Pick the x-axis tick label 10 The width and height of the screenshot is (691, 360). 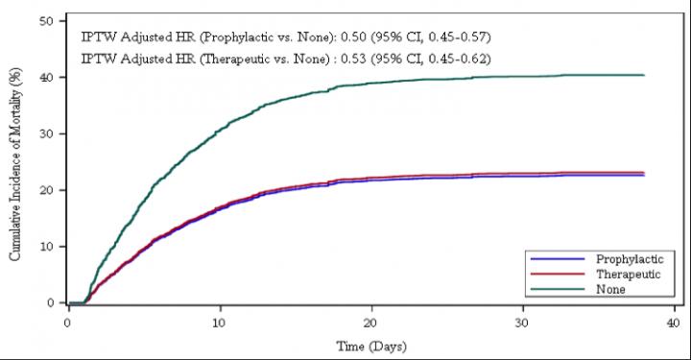(x=220, y=322)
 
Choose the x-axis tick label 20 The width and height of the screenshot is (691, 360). (x=371, y=322)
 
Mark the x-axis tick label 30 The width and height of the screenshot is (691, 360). (x=522, y=322)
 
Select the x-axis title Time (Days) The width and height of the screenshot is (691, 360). (x=370, y=344)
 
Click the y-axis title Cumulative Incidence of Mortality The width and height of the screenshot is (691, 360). (x=15, y=162)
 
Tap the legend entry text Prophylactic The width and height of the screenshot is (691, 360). (x=627, y=259)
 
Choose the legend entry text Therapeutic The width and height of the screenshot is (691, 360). (x=626, y=274)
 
